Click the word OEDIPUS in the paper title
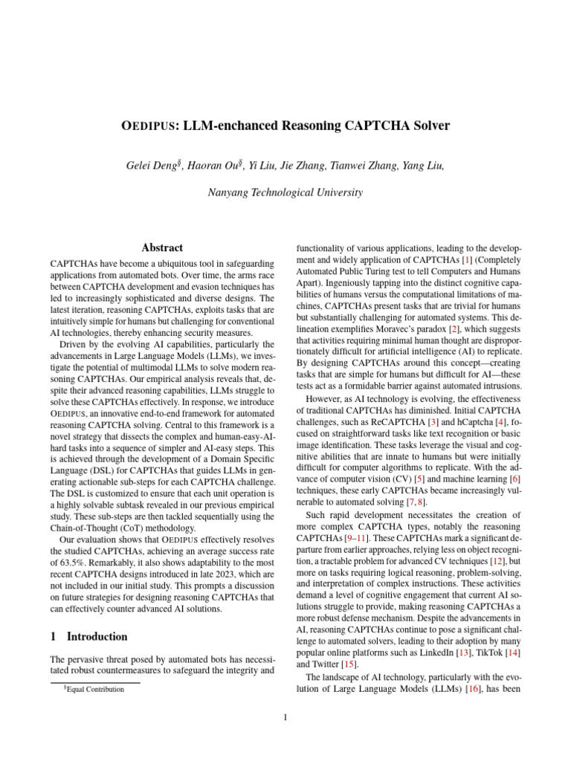click(148, 126)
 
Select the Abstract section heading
click(161, 247)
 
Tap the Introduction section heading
click(97, 637)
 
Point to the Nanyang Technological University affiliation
click(285, 192)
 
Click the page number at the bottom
click(285, 717)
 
